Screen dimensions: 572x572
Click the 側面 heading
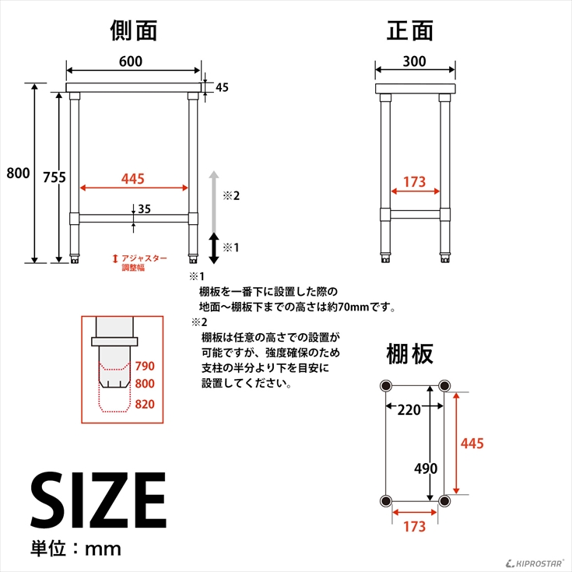point(134,30)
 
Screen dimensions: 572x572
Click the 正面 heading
point(409,30)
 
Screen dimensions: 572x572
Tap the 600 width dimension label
point(131,61)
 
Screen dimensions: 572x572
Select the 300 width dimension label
point(414,61)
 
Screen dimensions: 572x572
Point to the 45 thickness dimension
point(222,87)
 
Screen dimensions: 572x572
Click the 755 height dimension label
point(54,177)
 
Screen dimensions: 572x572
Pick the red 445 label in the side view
point(133,179)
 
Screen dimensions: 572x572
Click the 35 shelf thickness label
point(144,209)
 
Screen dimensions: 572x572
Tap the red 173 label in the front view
point(414,181)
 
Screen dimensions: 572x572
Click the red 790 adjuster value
point(145,366)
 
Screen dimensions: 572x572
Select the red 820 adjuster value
point(145,404)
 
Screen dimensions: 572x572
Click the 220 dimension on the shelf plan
point(409,410)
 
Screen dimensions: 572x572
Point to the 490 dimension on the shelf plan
point(426,468)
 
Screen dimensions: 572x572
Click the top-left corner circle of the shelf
point(385,385)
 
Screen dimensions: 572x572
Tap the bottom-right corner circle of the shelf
point(444,500)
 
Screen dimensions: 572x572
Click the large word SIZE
point(98,500)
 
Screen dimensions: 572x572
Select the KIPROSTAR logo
point(535,564)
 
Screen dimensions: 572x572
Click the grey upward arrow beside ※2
point(214,202)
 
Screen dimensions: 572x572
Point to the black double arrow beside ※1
point(214,248)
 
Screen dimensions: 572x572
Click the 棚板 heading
point(409,354)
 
